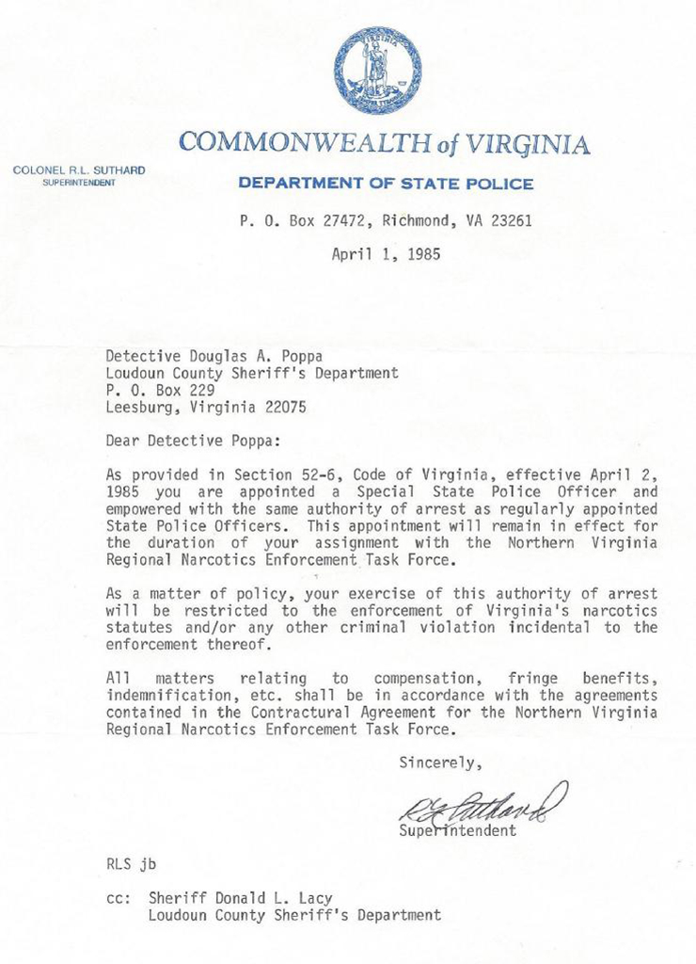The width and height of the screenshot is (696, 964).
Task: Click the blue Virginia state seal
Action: (x=376, y=71)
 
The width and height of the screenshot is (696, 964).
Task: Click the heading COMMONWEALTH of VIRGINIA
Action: (x=384, y=143)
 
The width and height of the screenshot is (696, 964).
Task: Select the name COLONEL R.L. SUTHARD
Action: (x=79, y=170)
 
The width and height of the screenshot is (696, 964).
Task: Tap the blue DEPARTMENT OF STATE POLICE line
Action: (x=386, y=184)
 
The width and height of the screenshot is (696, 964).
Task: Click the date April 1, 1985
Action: (x=386, y=253)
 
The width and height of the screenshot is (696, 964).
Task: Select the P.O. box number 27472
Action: (x=331, y=223)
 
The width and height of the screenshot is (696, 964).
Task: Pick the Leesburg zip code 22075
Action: (x=281, y=407)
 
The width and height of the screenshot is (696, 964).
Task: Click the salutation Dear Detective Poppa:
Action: (x=192, y=440)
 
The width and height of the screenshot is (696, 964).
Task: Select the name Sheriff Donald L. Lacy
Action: (x=240, y=897)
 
